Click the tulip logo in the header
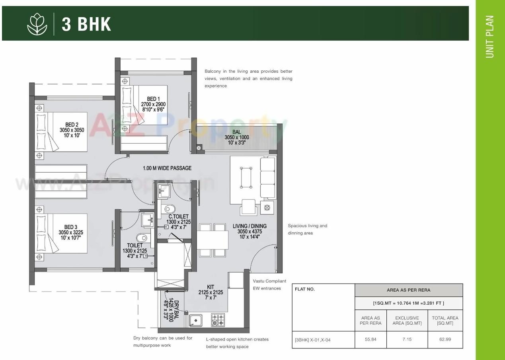[x=37, y=24]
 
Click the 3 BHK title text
[x=86, y=24]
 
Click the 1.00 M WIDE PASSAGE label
[x=167, y=168]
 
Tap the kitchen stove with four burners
[x=218, y=320]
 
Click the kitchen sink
[x=195, y=320]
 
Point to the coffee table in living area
[x=246, y=177]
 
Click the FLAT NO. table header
[x=305, y=289]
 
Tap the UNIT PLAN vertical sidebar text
[x=490, y=37]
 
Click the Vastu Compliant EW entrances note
[x=269, y=284]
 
